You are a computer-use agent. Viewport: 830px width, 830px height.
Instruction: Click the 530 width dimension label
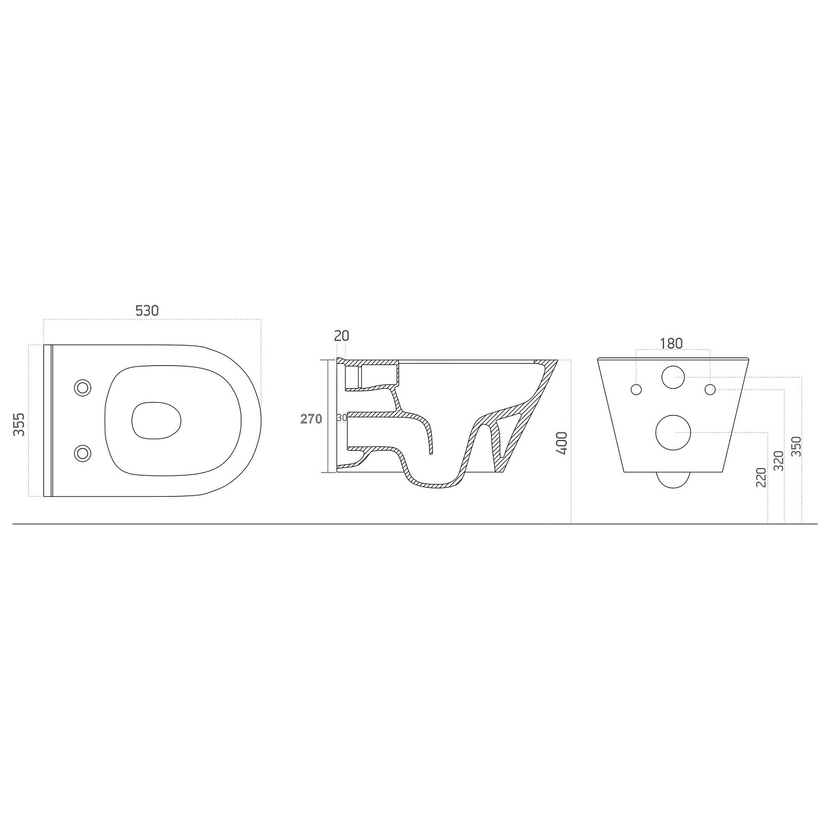point(147,310)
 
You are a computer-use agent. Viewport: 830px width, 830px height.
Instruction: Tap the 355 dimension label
point(19,425)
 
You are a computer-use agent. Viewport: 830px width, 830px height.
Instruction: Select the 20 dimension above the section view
point(342,336)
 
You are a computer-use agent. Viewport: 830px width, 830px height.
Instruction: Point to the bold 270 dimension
point(312,419)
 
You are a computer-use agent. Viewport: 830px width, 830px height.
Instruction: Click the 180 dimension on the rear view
point(671,343)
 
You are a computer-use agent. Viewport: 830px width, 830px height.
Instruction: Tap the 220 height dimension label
point(761,477)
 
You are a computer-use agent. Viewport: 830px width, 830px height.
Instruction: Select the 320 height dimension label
point(778,461)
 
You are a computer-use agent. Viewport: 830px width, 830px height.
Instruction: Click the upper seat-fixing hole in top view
point(82,387)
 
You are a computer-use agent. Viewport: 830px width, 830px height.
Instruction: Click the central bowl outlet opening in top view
point(156,421)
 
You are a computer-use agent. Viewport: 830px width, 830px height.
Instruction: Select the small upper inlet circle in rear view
point(673,377)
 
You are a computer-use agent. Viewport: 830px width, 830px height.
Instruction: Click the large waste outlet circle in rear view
point(674,433)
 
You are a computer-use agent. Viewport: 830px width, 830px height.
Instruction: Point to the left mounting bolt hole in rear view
point(636,389)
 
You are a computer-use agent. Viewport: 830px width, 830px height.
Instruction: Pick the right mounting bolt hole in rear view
point(710,389)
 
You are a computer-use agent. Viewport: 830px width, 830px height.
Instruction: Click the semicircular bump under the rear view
point(673,479)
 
